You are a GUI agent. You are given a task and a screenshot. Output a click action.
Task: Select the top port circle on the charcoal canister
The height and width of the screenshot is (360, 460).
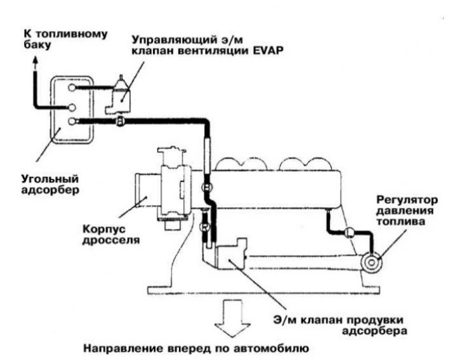click(x=72, y=87)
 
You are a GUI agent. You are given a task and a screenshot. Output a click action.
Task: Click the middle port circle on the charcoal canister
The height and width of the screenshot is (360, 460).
click(x=72, y=108)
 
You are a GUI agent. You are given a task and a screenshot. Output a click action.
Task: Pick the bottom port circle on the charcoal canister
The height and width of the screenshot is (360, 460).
click(x=72, y=121)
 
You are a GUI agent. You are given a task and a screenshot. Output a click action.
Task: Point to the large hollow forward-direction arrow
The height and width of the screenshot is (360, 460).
click(x=232, y=318)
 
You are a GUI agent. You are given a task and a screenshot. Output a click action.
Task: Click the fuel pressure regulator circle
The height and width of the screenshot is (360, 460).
click(x=371, y=262)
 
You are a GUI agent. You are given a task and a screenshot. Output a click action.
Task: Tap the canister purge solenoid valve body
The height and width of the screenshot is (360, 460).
click(x=230, y=254)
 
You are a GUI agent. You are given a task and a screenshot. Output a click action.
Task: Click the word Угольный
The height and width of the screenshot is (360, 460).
click(x=50, y=179)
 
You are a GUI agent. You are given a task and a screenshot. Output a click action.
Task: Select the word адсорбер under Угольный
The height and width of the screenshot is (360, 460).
click(x=50, y=190)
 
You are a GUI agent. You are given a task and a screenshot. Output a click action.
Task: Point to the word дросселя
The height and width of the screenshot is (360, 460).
click(x=111, y=240)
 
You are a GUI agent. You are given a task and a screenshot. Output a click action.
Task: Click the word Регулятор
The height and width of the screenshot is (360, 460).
click(x=407, y=200)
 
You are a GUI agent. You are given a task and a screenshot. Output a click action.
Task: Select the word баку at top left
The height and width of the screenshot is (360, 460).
click(x=36, y=46)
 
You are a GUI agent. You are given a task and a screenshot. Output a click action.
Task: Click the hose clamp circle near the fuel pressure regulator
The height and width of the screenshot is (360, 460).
click(x=350, y=232)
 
